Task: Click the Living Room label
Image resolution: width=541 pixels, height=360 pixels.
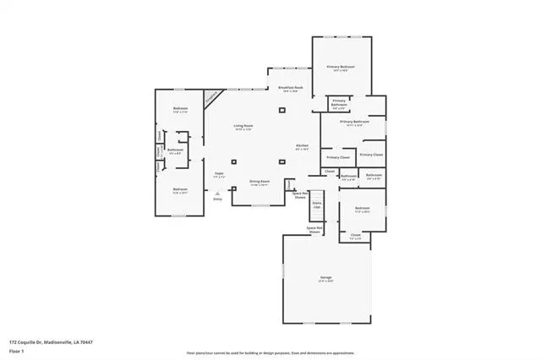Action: (x=243, y=127)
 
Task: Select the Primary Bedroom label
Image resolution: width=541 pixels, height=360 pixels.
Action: (x=341, y=67)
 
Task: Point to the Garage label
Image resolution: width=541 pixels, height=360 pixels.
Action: (x=326, y=278)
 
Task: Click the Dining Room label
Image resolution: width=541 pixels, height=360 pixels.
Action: (x=259, y=182)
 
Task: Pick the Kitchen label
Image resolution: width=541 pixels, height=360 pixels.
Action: (x=302, y=146)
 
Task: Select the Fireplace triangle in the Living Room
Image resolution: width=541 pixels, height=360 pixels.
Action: (x=211, y=96)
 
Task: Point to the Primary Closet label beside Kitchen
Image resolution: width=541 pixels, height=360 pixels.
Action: (x=337, y=157)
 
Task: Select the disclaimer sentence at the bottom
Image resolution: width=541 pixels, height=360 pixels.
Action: (x=270, y=352)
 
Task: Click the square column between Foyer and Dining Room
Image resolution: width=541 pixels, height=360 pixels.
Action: (x=234, y=161)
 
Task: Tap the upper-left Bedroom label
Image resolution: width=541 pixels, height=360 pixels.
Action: (x=180, y=109)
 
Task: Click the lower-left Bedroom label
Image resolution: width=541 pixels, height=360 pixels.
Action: (x=180, y=189)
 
